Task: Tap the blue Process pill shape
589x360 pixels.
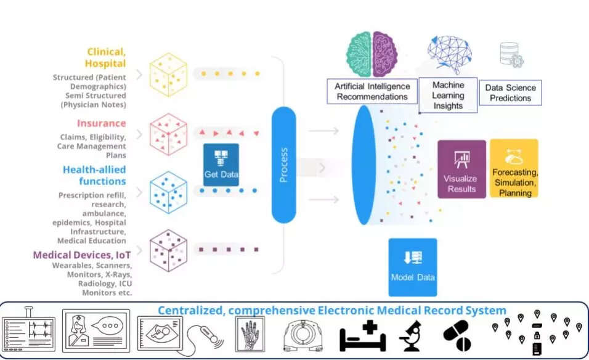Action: pyautogui.click(x=284, y=165)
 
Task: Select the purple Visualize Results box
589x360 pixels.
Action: pyautogui.click(x=461, y=169)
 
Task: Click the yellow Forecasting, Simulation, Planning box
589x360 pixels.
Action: pyautogui.click(x=514, y=169)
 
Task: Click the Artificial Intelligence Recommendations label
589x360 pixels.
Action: pyautogui.click(x=372, y=91)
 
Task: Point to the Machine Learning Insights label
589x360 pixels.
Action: pyautogui.click(x=448, y=96)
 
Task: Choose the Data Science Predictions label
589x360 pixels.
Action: pyautogui.click(x=510, y=93)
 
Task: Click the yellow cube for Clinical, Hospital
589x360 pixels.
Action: pyautogui.click(x=168, y=75)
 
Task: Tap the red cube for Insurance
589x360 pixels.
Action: pyautogui.click(x=168, y=133)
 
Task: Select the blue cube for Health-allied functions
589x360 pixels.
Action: pyautogui.click(x=168, y=192)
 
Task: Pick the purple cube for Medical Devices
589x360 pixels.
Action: pyautogui.click(x=168, y=250)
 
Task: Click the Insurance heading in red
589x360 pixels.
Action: pyautogui.click(x=101, y=123)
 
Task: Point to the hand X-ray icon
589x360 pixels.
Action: pyautogui.click(x=250, y=334)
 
